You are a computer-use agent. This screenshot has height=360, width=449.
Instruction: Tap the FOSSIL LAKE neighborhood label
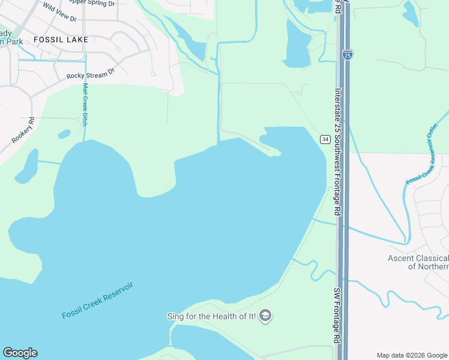[x=61, y=40]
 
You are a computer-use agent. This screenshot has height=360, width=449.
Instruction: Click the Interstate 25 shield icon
[x=348, y=55]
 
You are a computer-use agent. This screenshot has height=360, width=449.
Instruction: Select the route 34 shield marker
[x=325, y=139]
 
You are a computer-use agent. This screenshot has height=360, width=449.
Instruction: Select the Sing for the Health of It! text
[x=211, y=316]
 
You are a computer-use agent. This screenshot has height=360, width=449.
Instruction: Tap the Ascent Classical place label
[x=418, y=262]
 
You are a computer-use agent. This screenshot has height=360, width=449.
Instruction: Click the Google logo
[x=20, y=353]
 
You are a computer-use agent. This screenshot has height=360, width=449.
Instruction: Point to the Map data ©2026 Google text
[x=412, y=355]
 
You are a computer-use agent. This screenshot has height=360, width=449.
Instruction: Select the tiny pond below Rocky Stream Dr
[x=65, y=134]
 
